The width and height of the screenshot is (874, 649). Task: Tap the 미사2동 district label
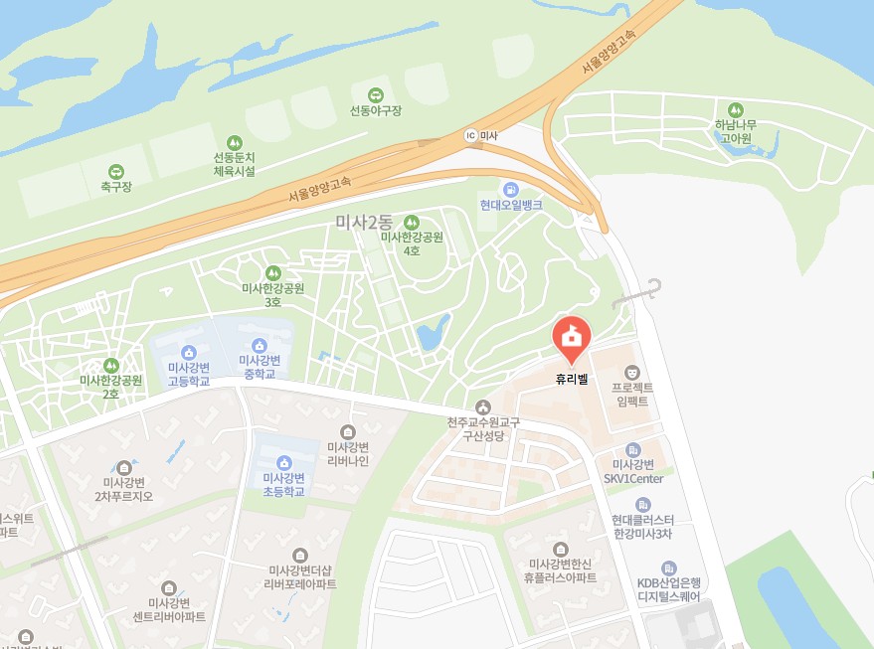coord(365,224)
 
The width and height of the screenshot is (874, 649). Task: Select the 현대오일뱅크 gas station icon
coord(510,189)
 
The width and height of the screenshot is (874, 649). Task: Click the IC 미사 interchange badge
coord(471,135)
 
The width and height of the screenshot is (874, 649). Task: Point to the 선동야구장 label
coord(376,110)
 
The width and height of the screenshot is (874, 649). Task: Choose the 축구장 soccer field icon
coord(116,171)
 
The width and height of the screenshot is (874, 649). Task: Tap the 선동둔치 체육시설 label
coord(235,164)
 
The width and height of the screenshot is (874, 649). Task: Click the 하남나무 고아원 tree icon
coord(736,109)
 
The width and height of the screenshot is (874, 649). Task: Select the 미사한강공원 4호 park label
coord(412,243)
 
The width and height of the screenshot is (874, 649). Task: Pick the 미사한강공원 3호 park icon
coord(273,272)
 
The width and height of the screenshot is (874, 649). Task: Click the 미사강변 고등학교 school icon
coord(188,352)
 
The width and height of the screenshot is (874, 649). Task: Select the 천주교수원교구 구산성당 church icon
coord(483,406)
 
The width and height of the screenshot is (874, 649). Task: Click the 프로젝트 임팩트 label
coord(631,395)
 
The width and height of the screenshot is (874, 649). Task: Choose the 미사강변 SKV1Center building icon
coord(633,452)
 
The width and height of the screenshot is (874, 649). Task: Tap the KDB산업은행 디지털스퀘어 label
coord(669,590)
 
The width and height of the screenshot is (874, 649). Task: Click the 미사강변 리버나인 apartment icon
coord(348,431)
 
